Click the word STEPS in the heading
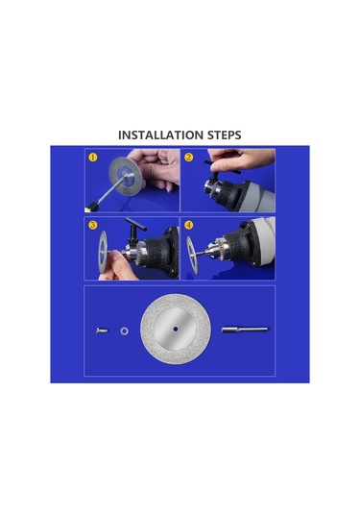tap(223, 135)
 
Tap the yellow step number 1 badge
tap(92, 157)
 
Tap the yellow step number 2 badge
tap(189, 157)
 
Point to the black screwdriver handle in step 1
tap(97, 201)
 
